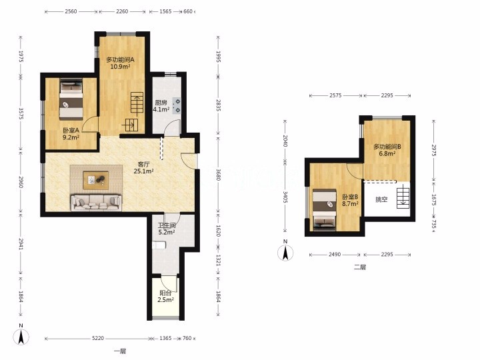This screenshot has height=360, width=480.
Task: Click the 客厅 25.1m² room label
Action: pos(143,167)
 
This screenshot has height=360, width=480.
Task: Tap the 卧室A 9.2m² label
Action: pos(71,134)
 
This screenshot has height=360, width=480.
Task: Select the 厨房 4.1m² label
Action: pos(161,106)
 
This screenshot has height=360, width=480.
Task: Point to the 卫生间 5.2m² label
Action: pos(167,229)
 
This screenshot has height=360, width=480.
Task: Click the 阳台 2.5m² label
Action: pos(165,296)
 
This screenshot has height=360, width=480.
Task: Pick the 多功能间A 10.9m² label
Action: pos(120,63)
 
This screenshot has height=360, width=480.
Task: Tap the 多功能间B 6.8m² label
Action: pos(387,150)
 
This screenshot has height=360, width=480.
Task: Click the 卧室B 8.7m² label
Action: pos(350,200)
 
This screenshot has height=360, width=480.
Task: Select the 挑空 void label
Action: pos(381,199)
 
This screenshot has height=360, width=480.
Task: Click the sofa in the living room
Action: pos(96,203)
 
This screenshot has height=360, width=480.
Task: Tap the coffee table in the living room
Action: pos(96,179)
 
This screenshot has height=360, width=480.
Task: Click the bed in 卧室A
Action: pos(71,99)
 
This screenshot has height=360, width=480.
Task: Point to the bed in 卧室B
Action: pos(325,209)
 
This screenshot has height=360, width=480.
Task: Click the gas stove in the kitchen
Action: pos(177,105)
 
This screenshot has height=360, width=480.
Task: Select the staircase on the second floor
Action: pos(403,199)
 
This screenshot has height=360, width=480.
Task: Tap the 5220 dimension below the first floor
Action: pos(98,338)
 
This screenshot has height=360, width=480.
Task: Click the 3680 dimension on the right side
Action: pos(218,175)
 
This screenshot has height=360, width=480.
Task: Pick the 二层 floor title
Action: pos(360,267)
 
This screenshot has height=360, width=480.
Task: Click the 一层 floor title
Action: pos(120,351)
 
